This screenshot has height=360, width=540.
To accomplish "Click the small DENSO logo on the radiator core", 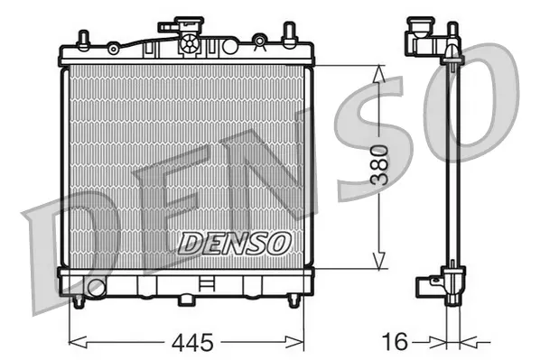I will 234,242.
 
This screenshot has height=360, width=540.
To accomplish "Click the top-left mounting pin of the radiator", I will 82,40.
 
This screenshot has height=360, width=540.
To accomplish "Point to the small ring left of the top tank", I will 113,46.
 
